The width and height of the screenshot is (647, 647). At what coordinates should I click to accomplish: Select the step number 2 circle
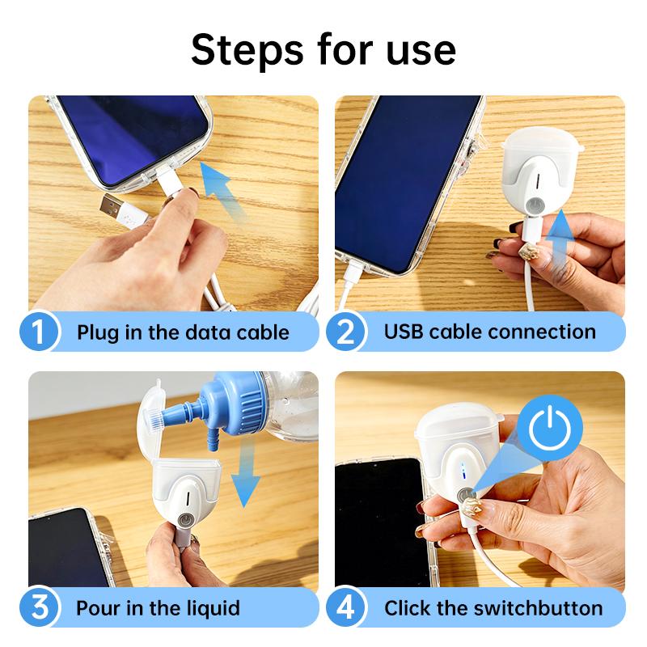(x=345, y=332)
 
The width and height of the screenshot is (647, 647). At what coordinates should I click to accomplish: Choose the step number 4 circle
(x=345, y=607)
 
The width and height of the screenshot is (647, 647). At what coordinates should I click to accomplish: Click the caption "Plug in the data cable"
(x=183, y=332)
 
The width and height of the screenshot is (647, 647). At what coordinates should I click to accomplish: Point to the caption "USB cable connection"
(x=489, y=332)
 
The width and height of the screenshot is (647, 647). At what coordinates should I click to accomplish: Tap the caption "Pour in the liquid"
(x=159, y=608)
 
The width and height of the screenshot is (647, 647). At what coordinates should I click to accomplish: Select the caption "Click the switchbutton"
(x=493, y=608)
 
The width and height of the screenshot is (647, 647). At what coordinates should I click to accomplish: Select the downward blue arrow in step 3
(x=245, y=481)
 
